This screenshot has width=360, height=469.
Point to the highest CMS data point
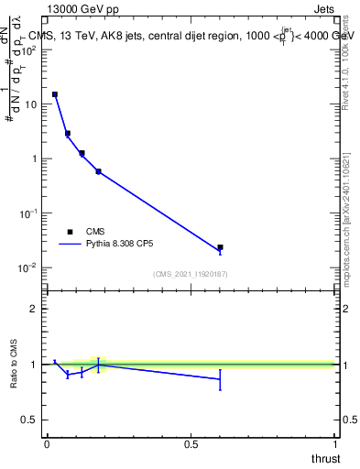pyautogui.click(x=55, y=94)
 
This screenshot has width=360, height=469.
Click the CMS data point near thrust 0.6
pyautogui.click(x=220, y=247)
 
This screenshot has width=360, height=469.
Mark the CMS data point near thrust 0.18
pyautogui.click(x=98, y=171)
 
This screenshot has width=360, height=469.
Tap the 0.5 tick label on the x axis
pyautogui.click(x=191, y=443)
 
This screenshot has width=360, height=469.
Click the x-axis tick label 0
pyautogui.click(x=47, y=443)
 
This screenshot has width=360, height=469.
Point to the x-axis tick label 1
pyautogui.click(x=335, y=443)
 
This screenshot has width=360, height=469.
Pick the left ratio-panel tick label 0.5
pyautogui.click(x=30, y=420)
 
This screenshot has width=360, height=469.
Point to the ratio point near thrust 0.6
pyautogui.click(x=220, y=378)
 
